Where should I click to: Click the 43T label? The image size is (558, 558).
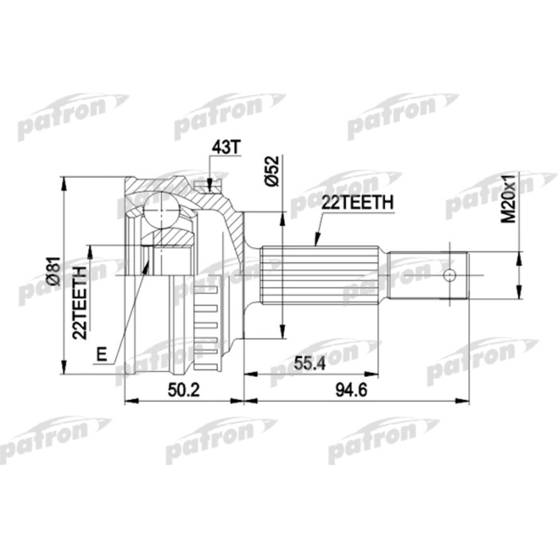tap(225, 148)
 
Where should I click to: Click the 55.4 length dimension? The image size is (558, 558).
tap(311, 366)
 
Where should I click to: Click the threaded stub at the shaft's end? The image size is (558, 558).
tap(427, 276)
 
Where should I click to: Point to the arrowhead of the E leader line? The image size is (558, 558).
tap(147, 263)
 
